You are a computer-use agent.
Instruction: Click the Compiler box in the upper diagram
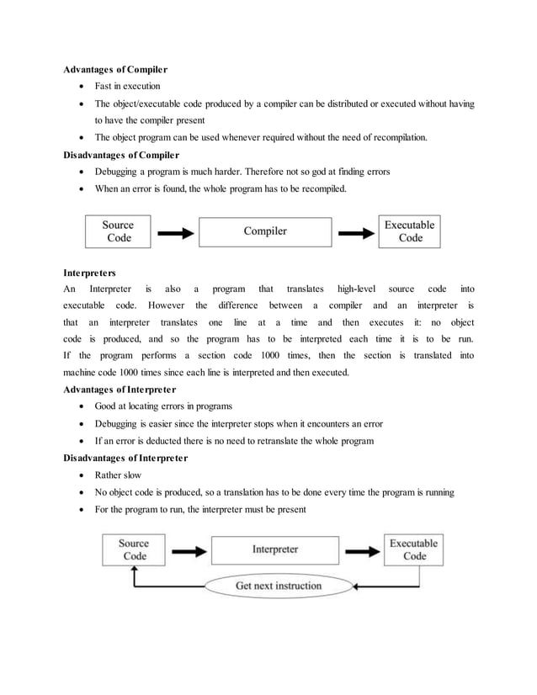265,231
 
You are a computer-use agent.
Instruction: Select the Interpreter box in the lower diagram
275,549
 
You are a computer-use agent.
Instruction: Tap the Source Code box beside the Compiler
118,231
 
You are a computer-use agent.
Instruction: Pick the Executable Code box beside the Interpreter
414,549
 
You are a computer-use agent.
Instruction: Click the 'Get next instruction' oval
278,586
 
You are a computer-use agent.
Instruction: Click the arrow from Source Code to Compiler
175,233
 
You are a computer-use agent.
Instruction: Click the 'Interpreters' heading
90,273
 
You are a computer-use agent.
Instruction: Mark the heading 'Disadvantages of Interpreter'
125,458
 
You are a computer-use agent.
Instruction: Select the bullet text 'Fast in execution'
127,86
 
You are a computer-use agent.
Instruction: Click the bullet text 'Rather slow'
118,475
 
